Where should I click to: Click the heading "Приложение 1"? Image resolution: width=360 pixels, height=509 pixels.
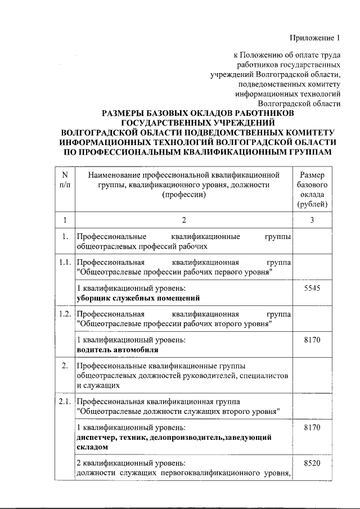pyautogui.click(x=315, y=38)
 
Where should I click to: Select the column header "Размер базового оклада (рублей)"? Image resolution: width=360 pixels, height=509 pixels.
pyautogui.click(x=311, y=190)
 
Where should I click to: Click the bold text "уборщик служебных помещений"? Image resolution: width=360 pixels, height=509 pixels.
pyautogui.click(x=138, y=298)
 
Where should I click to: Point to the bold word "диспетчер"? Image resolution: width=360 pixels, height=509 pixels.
pyautogui.click(x=96, y=436)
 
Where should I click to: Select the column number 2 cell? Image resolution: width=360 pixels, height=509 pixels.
pyautogui.click(x=183, y=219)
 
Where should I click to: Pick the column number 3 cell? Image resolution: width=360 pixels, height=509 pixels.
pyautogui.click(x=311, y=219)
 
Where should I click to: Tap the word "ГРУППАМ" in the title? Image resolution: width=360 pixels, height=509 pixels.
pyautogui.click(x=304, y=151)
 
